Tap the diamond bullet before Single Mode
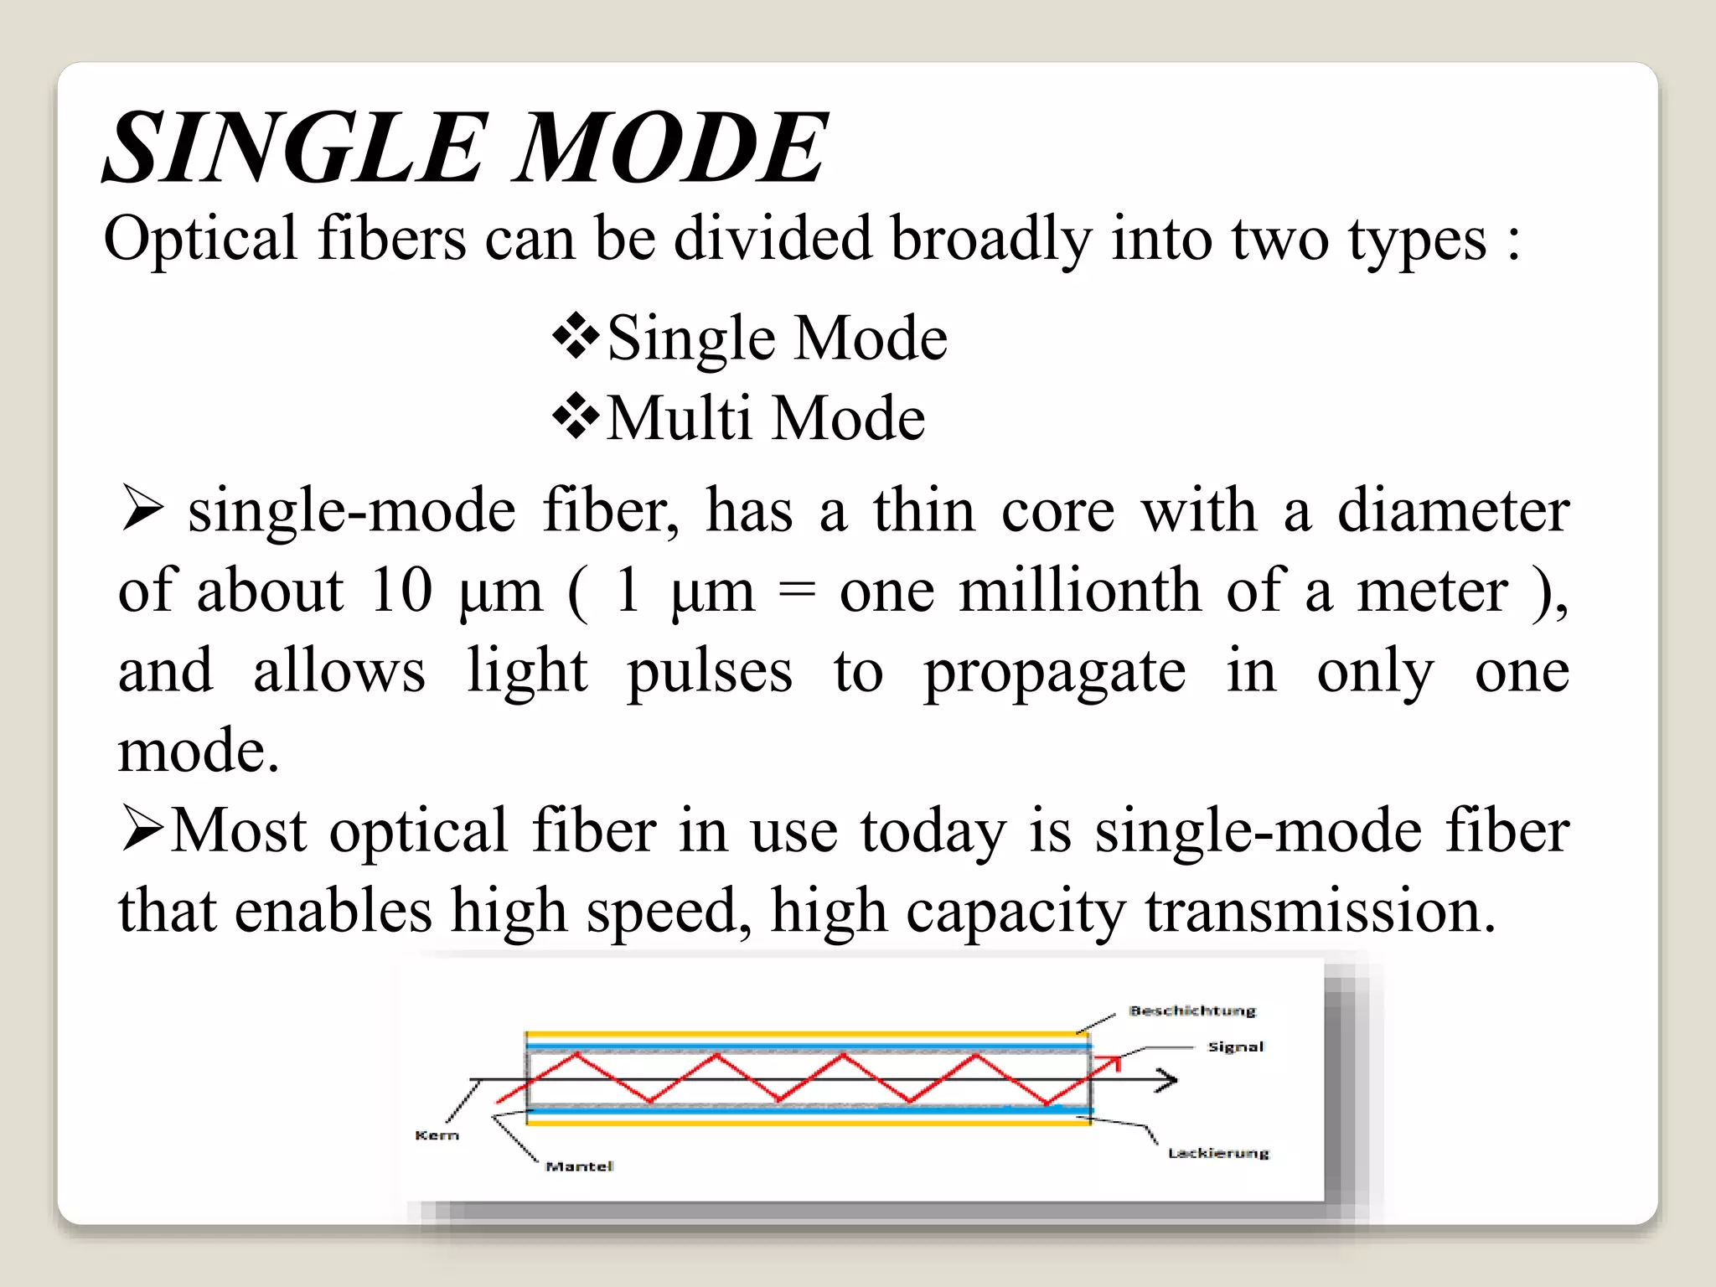(x=576, y=337)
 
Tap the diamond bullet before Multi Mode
(x=576, y=416)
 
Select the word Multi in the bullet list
(x=679, y=417)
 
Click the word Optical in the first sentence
(x=200, y=240)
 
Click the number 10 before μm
(x=401, y=590)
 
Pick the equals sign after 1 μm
(x=796, y=592)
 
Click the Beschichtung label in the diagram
(x=1192, y=1010)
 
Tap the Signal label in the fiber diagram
(x=1236, y=1047)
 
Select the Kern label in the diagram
(x=437, y=1135)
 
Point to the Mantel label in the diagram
(x=579, y=1166)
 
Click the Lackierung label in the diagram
(x=1218, y=1153)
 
